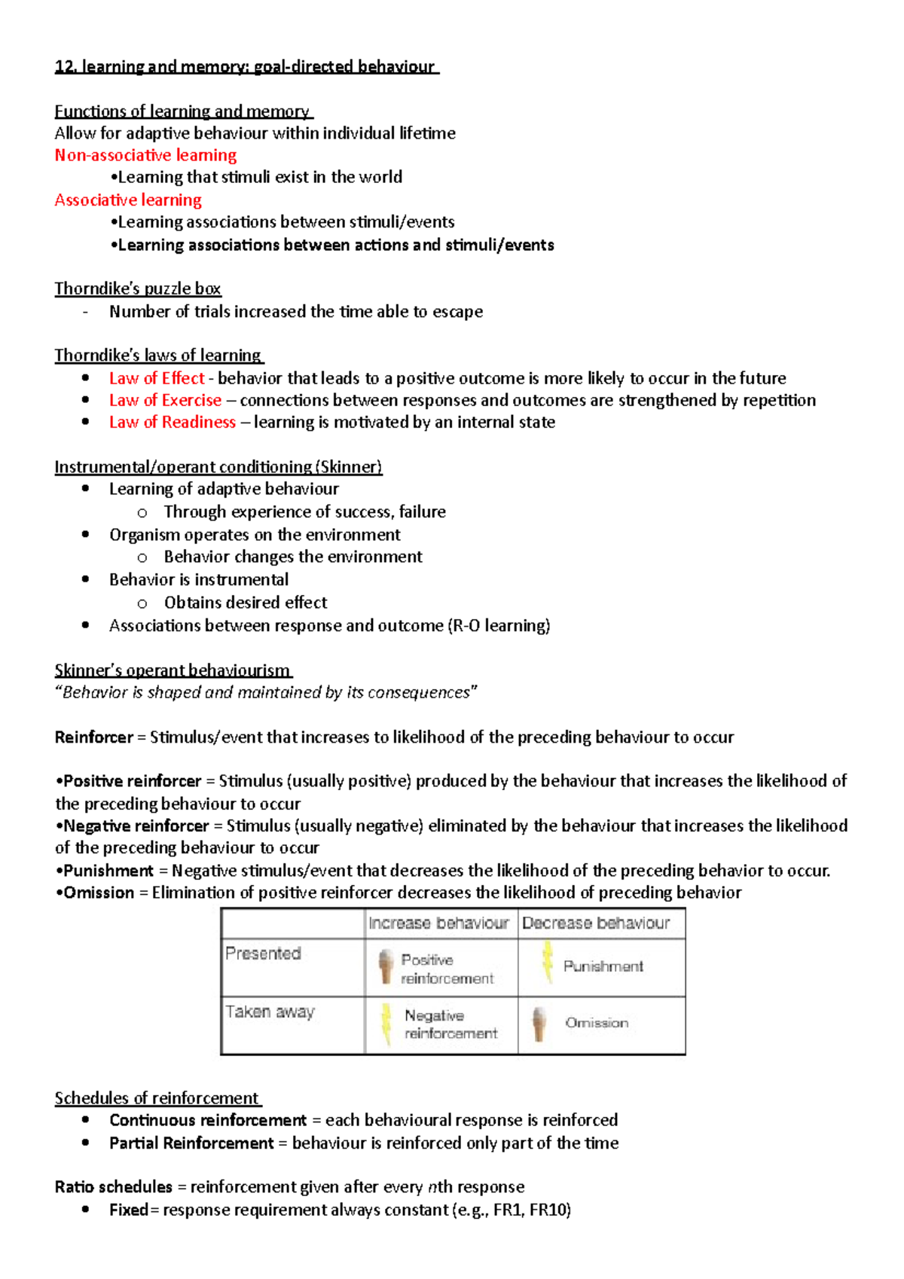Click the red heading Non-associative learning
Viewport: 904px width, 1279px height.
145,155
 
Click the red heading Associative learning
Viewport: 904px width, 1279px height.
128,200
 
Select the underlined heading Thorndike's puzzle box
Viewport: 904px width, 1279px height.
138,288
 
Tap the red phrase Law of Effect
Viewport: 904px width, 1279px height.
157,378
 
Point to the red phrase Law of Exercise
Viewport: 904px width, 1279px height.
165,400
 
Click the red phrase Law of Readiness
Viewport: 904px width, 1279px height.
172,422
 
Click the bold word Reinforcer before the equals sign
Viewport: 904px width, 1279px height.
93,737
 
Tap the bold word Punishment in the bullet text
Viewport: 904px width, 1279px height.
108,871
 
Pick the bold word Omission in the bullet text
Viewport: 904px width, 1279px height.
99,893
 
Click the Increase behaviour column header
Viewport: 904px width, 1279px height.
438,923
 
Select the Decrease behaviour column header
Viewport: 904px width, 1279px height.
595,923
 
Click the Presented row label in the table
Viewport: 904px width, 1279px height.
263,954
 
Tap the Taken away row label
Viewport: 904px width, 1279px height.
270,1012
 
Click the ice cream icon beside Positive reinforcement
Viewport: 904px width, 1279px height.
386,966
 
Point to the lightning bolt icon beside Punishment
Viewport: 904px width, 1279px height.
548,963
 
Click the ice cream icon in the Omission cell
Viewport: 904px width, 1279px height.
539,1024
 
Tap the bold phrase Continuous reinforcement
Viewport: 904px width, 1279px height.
208,1120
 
